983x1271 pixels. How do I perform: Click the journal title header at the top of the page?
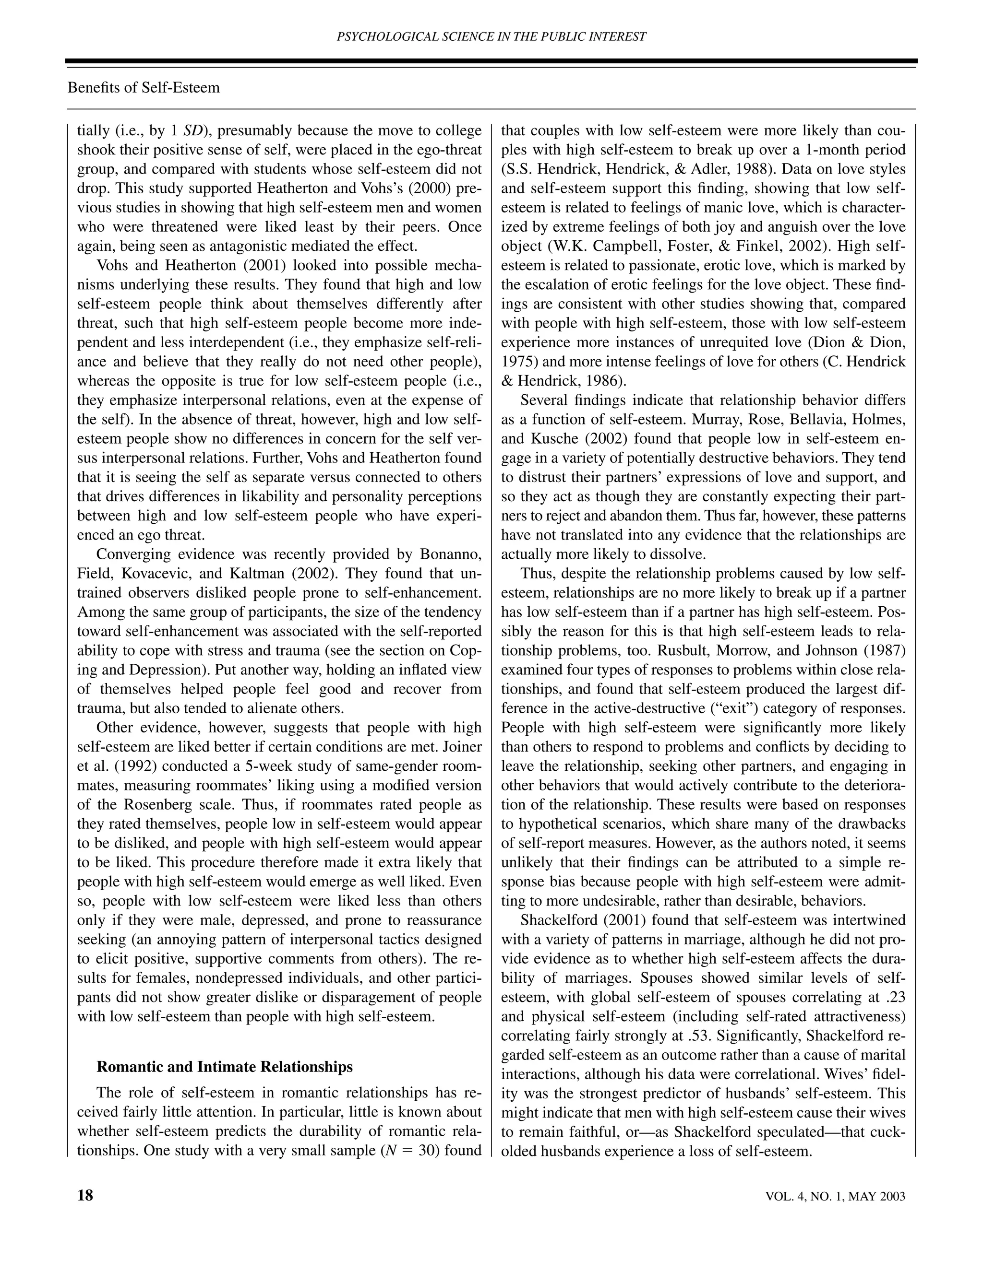(491, 36)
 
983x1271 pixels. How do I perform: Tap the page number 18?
(85, 1195)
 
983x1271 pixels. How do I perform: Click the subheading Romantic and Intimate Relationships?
(224, 1067)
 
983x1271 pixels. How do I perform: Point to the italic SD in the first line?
(192, 131)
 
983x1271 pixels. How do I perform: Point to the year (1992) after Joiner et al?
(129, 766)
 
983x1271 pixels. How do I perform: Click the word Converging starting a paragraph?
(129, 554)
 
